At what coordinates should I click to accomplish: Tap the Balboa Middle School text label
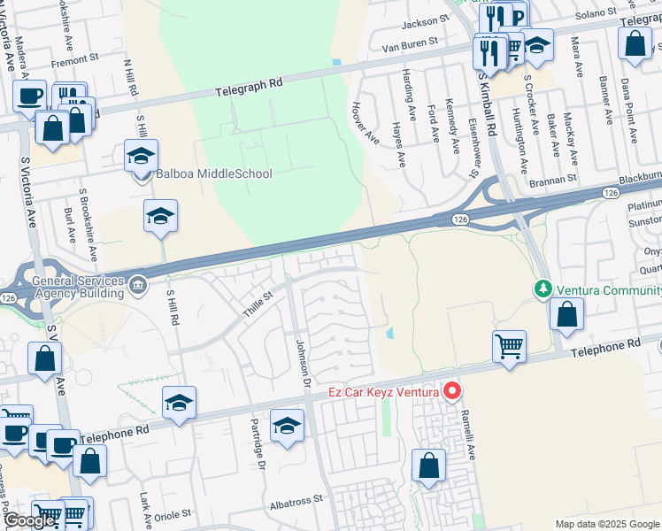click(x=214, y=174)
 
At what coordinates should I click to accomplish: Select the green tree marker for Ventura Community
click(x=542, y=289)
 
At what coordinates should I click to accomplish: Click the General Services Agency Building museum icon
click(x=138, y=284)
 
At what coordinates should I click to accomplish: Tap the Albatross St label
click(x=296, y=500)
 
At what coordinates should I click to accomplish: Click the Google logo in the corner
click(x=29, y=520)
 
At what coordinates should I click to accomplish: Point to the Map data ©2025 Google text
click(x=606, y=524)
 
